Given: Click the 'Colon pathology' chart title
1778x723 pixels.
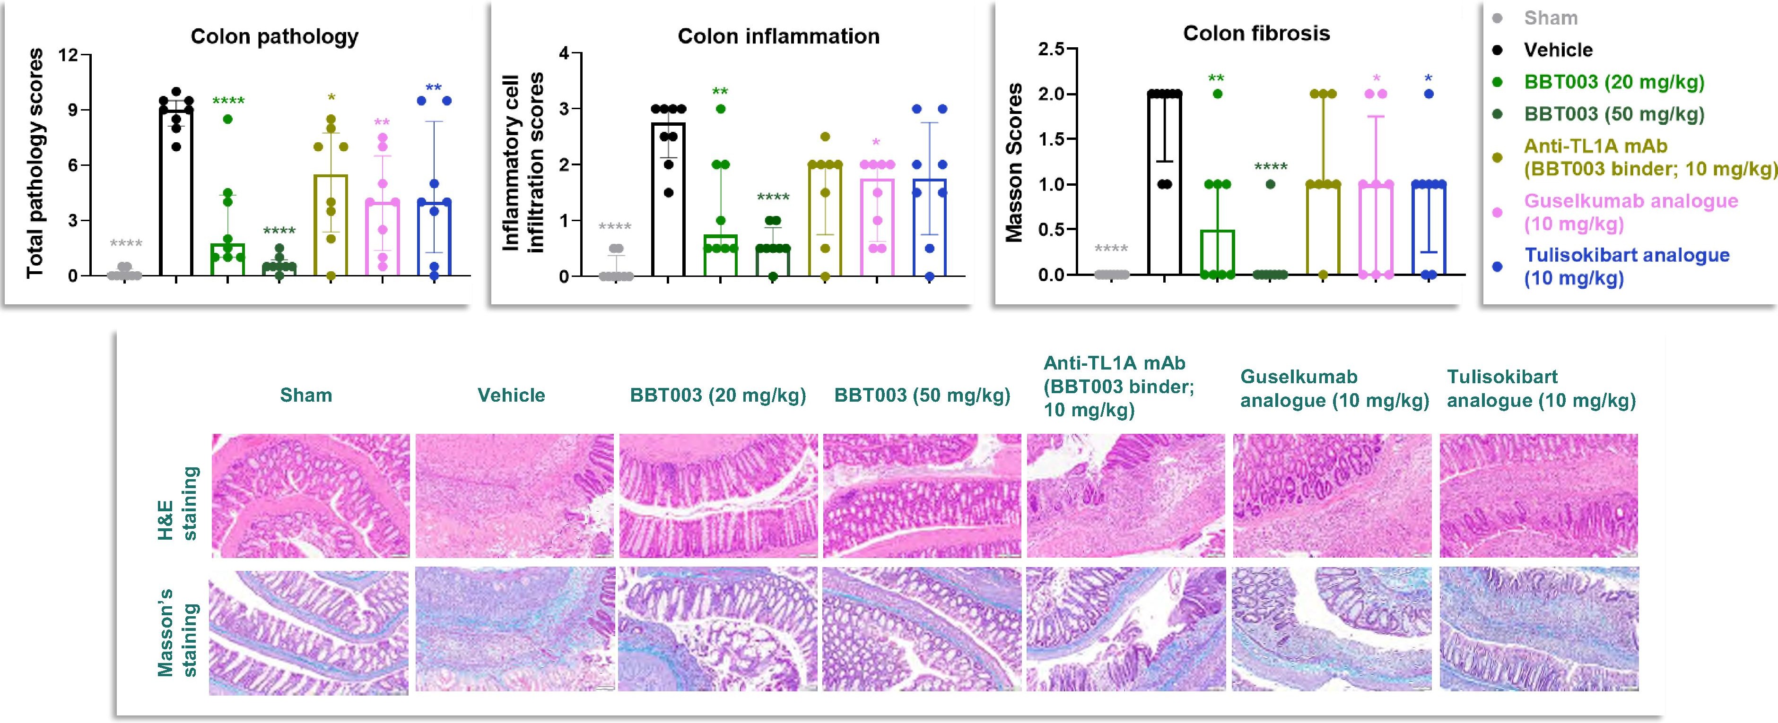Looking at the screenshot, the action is point(275,36).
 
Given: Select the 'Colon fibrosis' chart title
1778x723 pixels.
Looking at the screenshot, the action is point(1256,33).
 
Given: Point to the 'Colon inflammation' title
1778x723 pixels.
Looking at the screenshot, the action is point(778,36).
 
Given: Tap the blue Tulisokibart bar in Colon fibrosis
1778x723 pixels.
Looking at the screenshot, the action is point(1428,229).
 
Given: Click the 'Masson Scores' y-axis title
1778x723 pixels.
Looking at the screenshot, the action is point(1013,163).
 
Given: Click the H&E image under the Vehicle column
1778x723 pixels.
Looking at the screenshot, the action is point(514,495).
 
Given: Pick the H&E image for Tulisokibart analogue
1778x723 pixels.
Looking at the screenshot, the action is point(1539,495).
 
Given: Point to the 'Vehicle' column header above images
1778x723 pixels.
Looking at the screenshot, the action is point(512,396).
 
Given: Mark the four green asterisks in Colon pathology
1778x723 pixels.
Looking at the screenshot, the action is point(228,102).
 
